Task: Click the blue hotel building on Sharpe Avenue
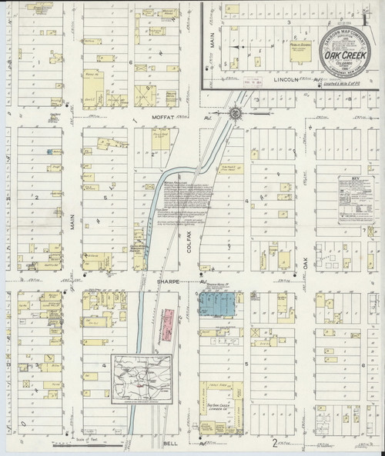pyautogui.click(x=216, y=304)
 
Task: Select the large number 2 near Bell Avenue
pyautogui.click(x=273, y=441)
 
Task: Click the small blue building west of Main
pyautogui.click(x=49, y=153)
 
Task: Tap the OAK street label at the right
pyautogui.click(x=305, y=261)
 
